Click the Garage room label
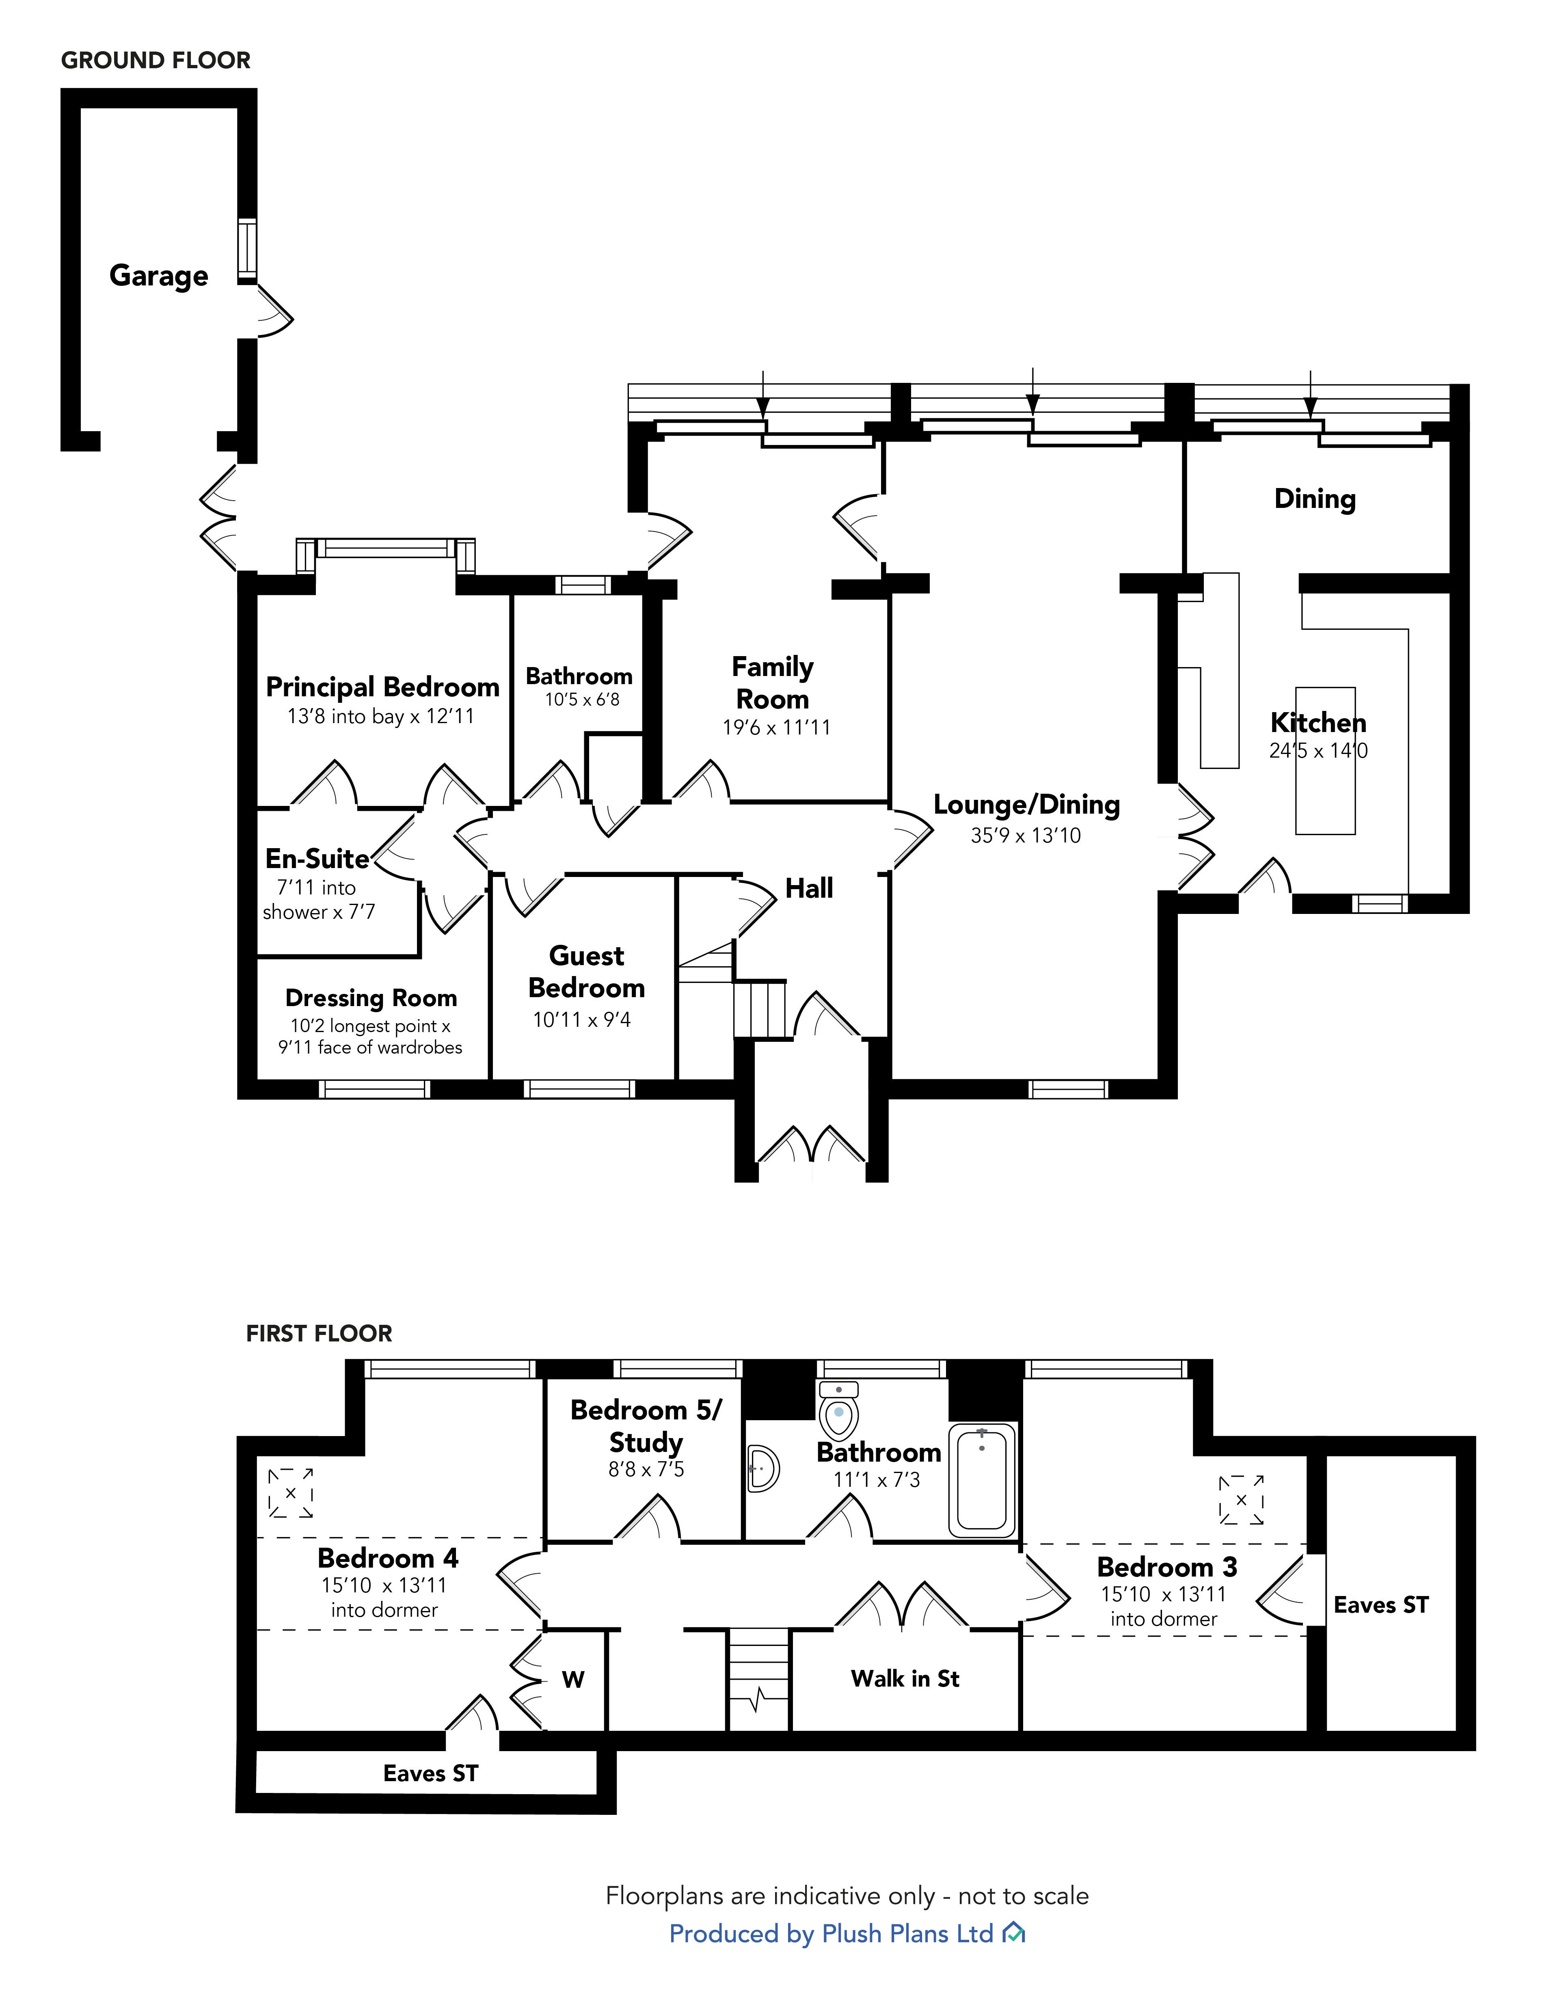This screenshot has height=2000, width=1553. pyautogui.click(x=158, y=276)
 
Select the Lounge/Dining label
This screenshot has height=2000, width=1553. pyautogui.click(x=1026, y=805)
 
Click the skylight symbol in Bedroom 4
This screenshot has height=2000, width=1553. pyautogui.click(x=290, y=1492)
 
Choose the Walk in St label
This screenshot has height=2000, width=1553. pyautogui.click(x=905, y=1678)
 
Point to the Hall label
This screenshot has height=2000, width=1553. pyautogui.click(x=810, y=888)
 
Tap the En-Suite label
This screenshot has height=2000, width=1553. pyautogui.click(x=317, y=859)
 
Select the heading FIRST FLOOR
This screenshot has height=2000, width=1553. pyautogui.click(x=319, y=1333)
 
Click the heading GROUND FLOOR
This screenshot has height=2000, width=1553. pyautogui.click(x=156, y=60)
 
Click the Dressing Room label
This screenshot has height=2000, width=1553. pyautogui.click(x=371, y=998)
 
